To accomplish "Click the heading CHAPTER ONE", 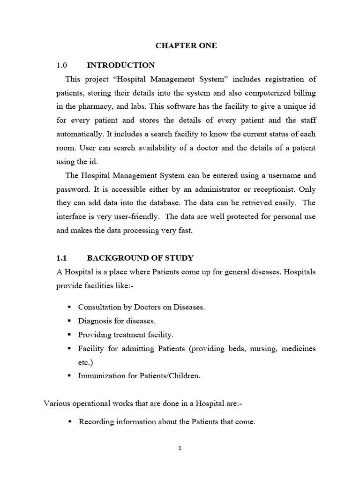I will click(x=180, y=46).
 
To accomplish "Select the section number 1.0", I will click(x=62, y=65).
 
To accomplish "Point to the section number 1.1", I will click(x=62, y=258).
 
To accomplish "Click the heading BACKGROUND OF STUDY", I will click(x=140, y=258).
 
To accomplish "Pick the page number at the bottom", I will click(x=180, y=448).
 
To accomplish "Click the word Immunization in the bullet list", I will click(x=100, y=376).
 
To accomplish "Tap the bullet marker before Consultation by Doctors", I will click(x=69, y=307).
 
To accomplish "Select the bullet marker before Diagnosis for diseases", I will click(x=69, y=321).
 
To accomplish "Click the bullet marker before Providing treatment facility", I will click(x=69, y=335).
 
